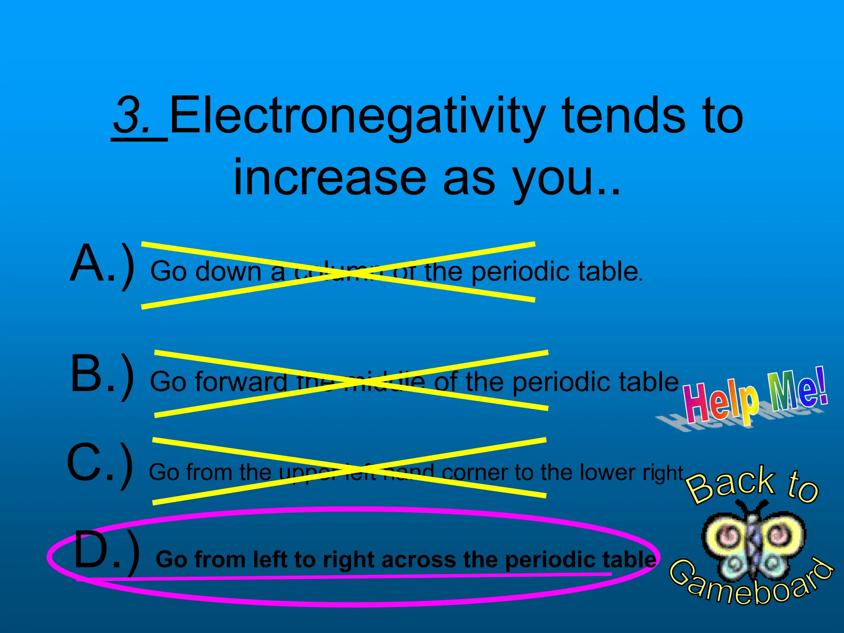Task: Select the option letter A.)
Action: click(102, 264)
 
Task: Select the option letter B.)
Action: click(102, 375)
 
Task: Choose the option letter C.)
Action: click(100, 464)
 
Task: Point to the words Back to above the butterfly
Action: click(753, 484)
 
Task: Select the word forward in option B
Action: click(241, 382)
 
